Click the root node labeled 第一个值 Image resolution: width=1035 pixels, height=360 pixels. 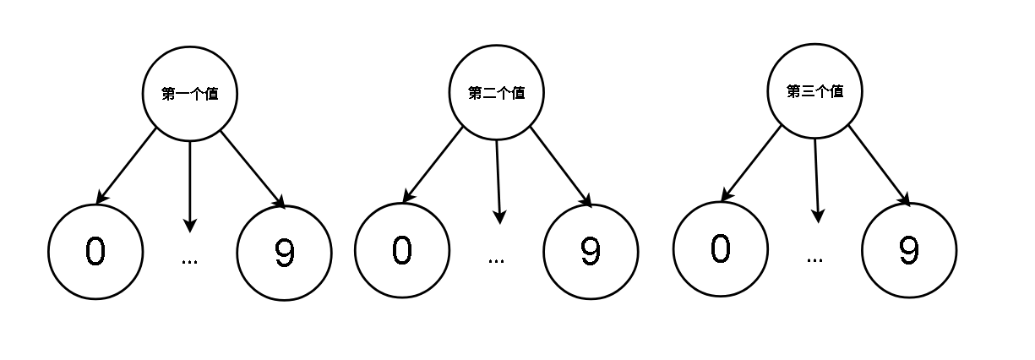click(x=190, y=94)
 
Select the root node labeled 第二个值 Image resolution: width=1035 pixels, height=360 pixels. click(x=497, y=92)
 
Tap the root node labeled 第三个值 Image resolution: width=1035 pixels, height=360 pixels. click(x=815, y=91)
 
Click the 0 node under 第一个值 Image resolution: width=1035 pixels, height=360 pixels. click(x=95, y=252)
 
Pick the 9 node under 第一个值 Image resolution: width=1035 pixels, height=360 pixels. click(x=284, y=254)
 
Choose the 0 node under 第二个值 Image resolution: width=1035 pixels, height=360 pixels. click(x=402, y=250)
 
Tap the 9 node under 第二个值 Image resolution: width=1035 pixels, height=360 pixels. click(x=591, y=252)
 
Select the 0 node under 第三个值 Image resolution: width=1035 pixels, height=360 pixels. click(x=721, y=249)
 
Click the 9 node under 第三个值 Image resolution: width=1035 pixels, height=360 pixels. click(x=909, y=250)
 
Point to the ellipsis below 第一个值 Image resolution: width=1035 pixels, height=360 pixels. click(x=189, y=262)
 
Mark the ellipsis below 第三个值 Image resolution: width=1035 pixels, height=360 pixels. click(x=814, y=260)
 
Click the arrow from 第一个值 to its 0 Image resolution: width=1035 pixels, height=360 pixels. click(x=126, y=166)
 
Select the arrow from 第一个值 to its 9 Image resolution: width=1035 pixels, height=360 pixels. click(x=253, y=170)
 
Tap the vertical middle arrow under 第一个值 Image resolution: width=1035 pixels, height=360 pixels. click(x=190, y=187)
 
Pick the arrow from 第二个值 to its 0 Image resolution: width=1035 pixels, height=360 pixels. click(x=433, y=165)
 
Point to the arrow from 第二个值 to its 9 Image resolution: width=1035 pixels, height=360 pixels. click(x=561, y=166)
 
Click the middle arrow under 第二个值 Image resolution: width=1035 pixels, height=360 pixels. click(x=498, y=182)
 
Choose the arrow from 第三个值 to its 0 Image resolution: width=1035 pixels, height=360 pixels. click(x=751, y=164)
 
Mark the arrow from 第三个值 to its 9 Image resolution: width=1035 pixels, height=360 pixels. click(x=880, y=166)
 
